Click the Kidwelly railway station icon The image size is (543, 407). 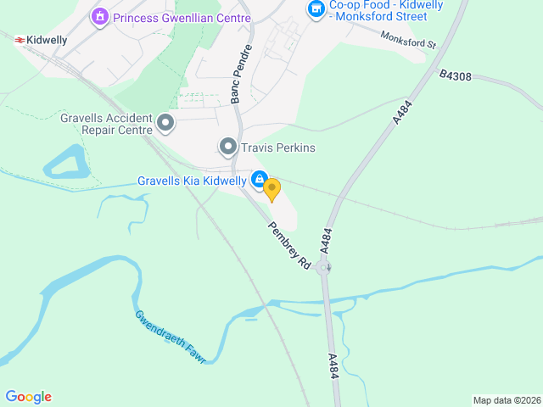tap(18, 39)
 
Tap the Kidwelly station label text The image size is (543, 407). tap(46, 40)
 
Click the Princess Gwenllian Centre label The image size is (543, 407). tap(182, 18)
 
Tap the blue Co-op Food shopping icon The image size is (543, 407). tap(316, 9)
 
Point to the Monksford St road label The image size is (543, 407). tap(408, 40)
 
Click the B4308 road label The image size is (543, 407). tap(456, 75)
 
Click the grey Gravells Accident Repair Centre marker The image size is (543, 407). tap(165, 125)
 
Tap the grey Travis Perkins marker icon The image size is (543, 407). tap(227, 148)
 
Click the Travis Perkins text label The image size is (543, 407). tap(277, 148)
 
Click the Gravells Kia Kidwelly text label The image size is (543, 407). tap(192, 181)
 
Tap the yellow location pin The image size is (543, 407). tap(271, 188)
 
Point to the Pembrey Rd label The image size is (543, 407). tap(289, 246)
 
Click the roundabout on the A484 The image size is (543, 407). tap(323, 268)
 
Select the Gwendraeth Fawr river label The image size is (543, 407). tap(170, 337)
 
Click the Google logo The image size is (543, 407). tap(28, 397)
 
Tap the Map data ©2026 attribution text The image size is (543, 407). tap(506, 400)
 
